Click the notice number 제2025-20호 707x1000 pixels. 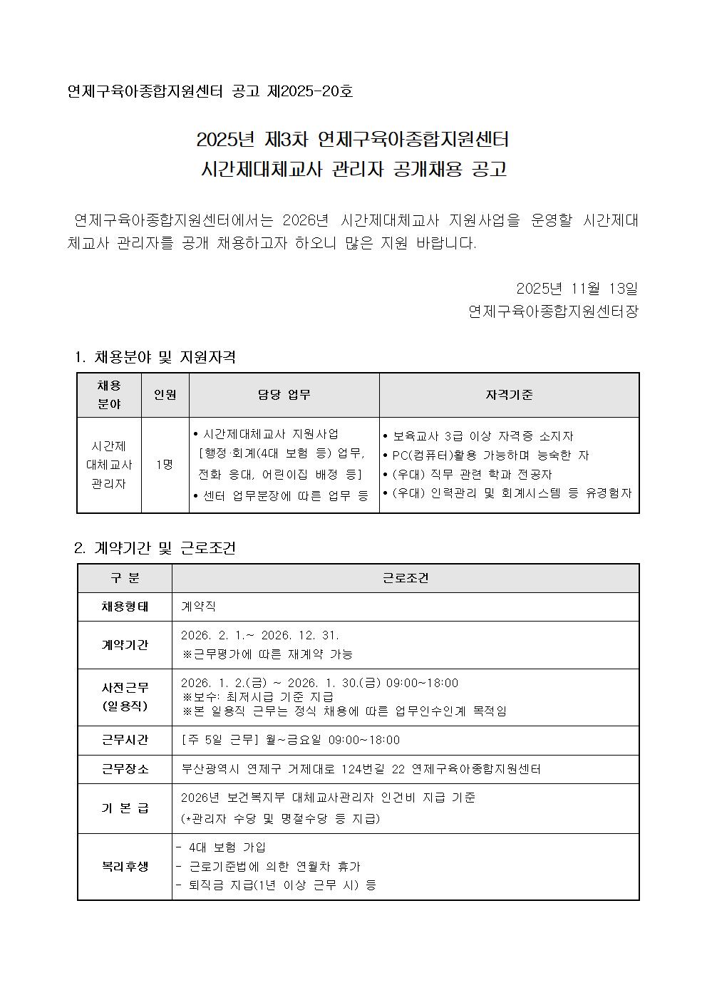[310, 92]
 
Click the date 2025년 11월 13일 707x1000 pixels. [577, 289]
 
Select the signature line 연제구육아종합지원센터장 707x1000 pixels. [553, 311]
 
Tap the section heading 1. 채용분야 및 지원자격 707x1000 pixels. [155, 357]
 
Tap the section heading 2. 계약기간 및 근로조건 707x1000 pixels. [155, 548]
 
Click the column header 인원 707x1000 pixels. [165, 395]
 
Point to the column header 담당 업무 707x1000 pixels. [284, 395]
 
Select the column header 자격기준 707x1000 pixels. [509, 395]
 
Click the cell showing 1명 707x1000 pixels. [165, 465]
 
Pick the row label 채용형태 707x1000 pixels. [125, 607]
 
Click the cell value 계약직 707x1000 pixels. [199, 607]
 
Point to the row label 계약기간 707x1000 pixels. [125, 644]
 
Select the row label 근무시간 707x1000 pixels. [125, 740]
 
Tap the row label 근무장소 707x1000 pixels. [125, 769]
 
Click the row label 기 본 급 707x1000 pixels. [125, 808]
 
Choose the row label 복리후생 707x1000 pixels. [125, 866]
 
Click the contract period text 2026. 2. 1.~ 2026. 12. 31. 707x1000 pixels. [260, 635]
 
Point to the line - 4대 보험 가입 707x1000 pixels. [221, 847]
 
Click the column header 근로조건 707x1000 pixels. [405, 578]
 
